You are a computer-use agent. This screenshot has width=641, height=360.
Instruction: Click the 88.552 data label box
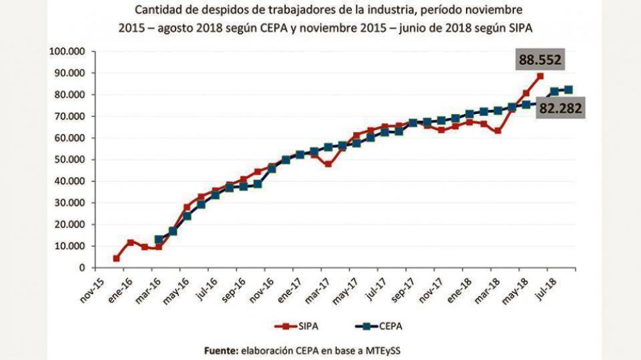tap(540, 61)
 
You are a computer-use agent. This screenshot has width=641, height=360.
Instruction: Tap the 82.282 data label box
tap(560, 108)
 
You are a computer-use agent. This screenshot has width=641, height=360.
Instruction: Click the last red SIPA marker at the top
tap(540, 76)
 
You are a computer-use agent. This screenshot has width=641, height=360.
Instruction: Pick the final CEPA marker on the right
tap(568, 90)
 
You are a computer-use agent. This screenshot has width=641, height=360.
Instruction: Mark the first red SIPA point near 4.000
tap(117, 259)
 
